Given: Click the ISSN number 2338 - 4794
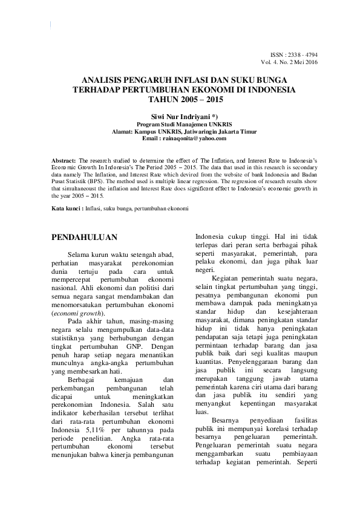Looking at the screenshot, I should tap(307, 54).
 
